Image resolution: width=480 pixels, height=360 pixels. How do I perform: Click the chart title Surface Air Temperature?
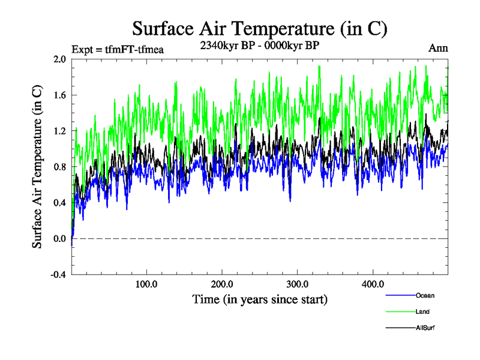coord(259,29)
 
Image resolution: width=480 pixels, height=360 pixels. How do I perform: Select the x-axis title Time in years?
coord(260,298)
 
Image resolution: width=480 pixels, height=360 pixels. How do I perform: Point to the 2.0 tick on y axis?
coord(59,59)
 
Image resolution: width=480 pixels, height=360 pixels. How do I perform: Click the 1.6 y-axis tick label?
coord(59,95)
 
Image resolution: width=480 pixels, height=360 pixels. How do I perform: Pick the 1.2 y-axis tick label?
coord(59,131)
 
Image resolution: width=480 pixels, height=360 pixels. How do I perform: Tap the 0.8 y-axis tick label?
coord(59,167)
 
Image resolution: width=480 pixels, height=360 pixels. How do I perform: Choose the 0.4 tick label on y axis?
coord(59,203)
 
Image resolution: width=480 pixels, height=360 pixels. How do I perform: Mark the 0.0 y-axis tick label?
coord(59,239)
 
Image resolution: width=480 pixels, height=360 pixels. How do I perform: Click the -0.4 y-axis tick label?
coord(58,275)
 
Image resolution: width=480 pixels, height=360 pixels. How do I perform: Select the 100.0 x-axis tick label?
coord(146,283)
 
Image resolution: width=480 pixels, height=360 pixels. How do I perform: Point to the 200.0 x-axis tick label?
coord(222,283)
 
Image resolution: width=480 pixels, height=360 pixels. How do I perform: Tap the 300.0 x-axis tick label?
coord(298,283)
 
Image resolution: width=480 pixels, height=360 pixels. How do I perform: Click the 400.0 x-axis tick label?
coord(373,283)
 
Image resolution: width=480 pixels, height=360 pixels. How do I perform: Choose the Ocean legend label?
coord(424,296)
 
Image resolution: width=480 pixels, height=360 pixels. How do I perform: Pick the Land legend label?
coord(422,312)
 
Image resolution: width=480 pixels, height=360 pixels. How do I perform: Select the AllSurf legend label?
coord(425,328)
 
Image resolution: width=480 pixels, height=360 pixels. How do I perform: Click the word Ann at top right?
coord(437,49)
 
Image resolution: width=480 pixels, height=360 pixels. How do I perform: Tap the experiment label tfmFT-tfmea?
coord(118,49)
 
